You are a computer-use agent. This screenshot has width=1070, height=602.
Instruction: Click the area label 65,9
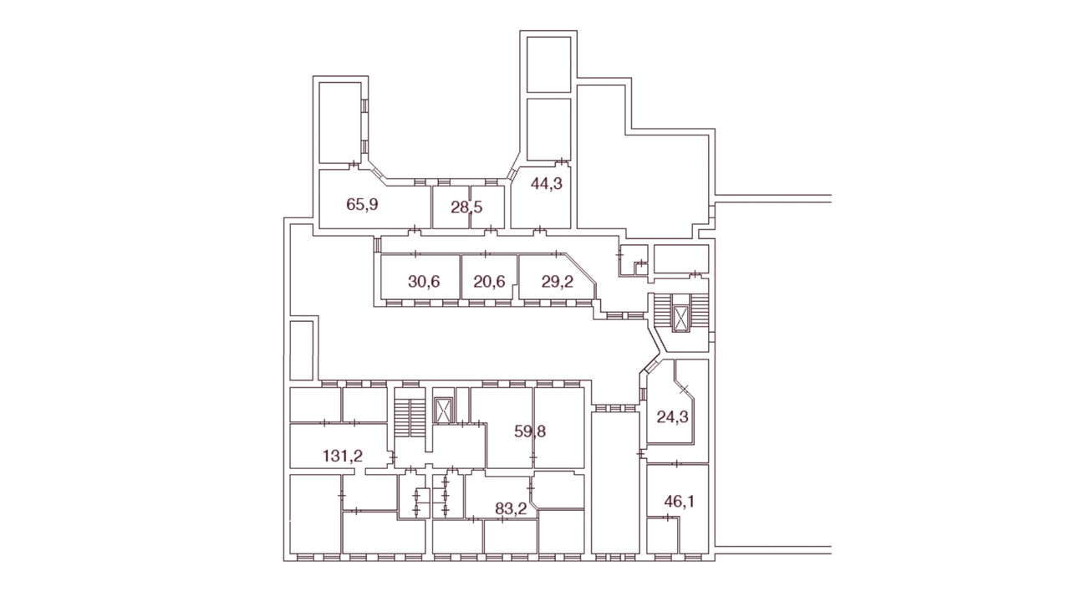pyautogui.click(x=362, y=205)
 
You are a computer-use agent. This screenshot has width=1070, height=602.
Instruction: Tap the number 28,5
pyautogui.click(x=466, y=207)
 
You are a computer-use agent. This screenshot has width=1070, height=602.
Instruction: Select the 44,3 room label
pyautogui.click(x=547, y=183)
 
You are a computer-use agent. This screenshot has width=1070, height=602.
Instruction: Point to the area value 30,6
pyautogui.click(x=424, y=282)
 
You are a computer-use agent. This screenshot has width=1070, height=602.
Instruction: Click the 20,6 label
pyautogui.click(x=489, y=282)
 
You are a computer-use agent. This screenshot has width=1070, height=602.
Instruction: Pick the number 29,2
pyautogui.click(x=558, y=282)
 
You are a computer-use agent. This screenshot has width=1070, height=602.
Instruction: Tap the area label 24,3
pyautogui.click(x=673, y=417)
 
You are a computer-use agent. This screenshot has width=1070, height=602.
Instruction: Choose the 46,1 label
pyautogui.click(x=680, y=502)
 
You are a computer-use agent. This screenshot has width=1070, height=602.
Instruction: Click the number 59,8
pyautogui.click(x=530, y=431)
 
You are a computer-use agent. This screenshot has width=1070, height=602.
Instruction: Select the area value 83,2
pyautogui.click(x=511, y=509)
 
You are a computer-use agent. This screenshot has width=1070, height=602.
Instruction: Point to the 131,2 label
pyautogui.click(x=343, y=456)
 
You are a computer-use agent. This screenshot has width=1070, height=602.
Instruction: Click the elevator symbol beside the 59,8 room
pyautogui.click(x=443, y=411)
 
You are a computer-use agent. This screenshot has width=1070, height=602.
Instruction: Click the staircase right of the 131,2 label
pyautogui.click(x=410, y=418)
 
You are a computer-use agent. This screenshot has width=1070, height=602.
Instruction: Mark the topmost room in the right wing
pyautogui.click(x=549, y=64)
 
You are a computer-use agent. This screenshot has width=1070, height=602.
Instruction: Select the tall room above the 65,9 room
pyautogui.click(x=339, y=123)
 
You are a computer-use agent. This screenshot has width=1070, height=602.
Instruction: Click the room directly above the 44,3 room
pyautogui.click(x=549, y=130)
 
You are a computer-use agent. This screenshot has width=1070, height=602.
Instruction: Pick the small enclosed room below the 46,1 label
pyautogui.click(x=663, y=535)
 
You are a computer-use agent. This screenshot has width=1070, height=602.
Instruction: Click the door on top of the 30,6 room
pyautogui.click(x=415, y=253)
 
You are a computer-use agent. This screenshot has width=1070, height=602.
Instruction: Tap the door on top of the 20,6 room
pyautogui.click(x=486, y=253)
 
